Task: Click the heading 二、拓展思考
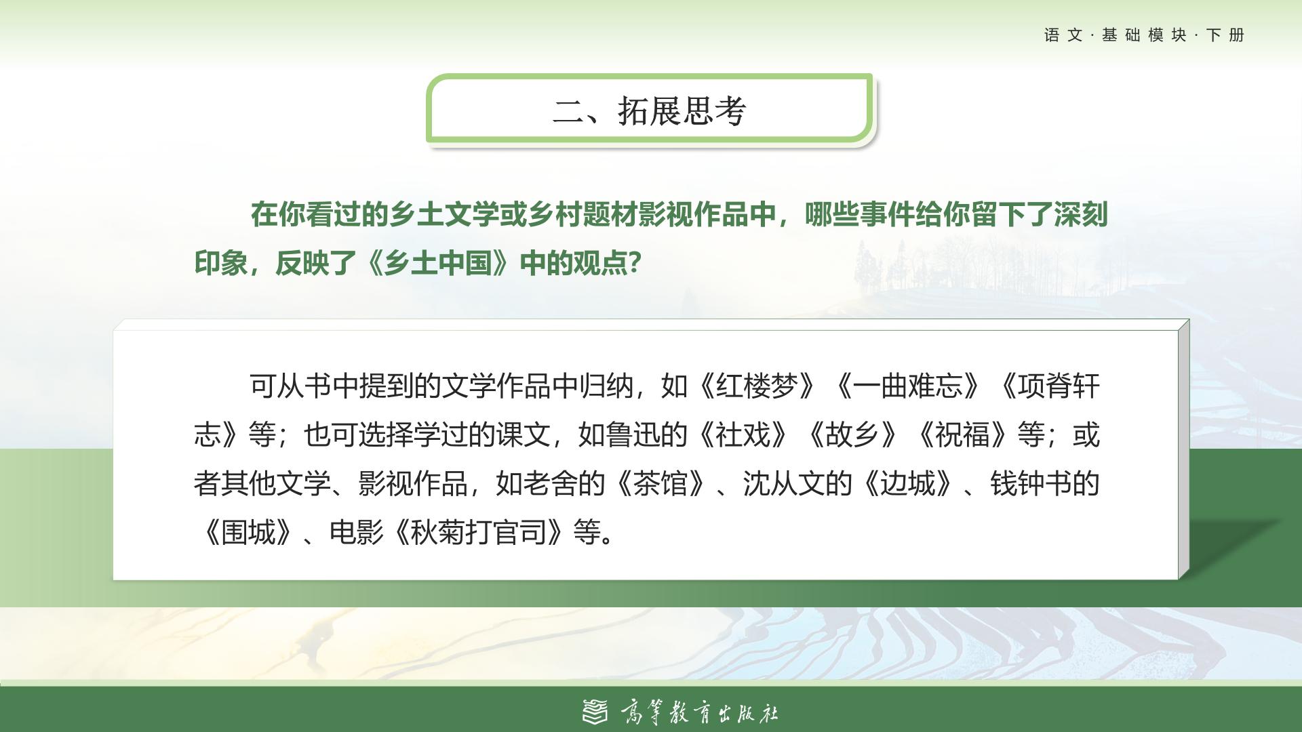[650, 110]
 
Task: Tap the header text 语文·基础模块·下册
[1145, 35]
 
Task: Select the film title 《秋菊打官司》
[478, 533]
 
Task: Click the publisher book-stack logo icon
[595, 711]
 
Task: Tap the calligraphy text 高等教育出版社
[699, 712]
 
